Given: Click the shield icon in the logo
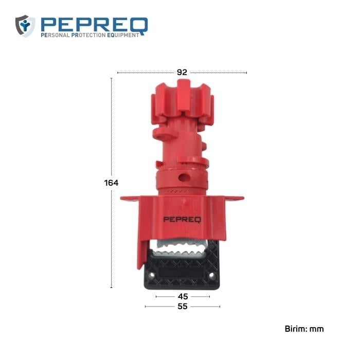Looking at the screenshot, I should pos(25,26).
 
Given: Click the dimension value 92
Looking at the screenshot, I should pos(182,73).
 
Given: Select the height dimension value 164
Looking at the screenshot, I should pos(111,183).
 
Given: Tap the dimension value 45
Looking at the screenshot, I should pos(183,297).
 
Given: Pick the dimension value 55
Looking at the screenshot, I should pos(183,307).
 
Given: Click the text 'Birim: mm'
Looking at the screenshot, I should pos(304,329).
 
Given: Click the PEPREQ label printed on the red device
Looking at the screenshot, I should pos(183,220).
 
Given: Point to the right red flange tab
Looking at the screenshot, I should pos(236,198).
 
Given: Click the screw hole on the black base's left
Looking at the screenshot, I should pos(152,276).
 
